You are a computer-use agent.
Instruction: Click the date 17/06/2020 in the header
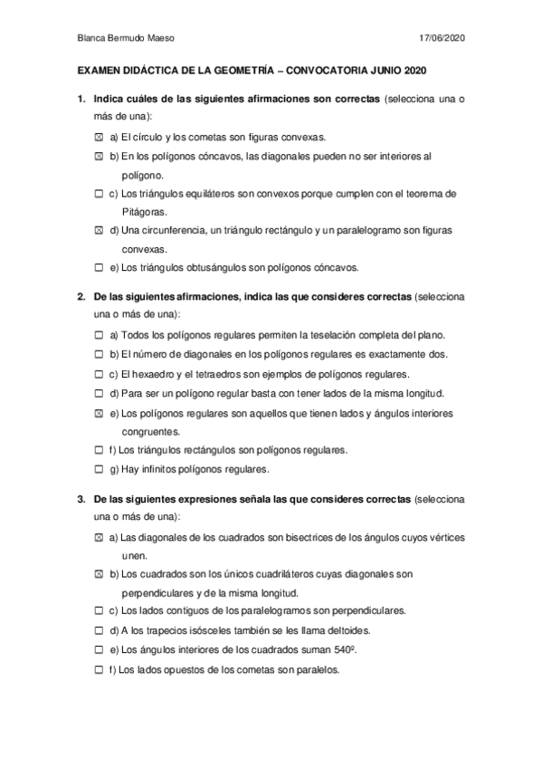coord(443,37)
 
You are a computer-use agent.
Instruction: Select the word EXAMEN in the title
coord(103,71)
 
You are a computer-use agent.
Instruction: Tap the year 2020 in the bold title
coord(413,71)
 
